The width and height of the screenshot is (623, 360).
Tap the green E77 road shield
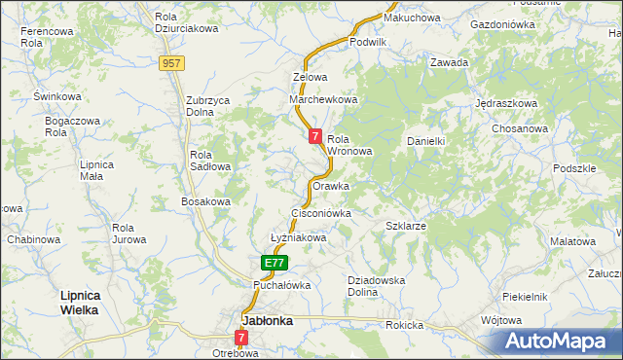tap(275, 263)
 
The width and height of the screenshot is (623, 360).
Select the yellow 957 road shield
tap(172, 62)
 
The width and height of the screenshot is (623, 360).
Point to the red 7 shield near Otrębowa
tap(240, 338)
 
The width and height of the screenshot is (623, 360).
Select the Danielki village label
tap(425, 141)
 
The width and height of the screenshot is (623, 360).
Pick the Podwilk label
tap(368, 42)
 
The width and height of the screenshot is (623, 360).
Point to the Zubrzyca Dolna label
tap(213, 105)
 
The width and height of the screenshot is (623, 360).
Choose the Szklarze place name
tap(406, 225)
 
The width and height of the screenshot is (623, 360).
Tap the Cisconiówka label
tap(320, 211)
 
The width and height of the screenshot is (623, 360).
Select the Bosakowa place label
tap(205, 201)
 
